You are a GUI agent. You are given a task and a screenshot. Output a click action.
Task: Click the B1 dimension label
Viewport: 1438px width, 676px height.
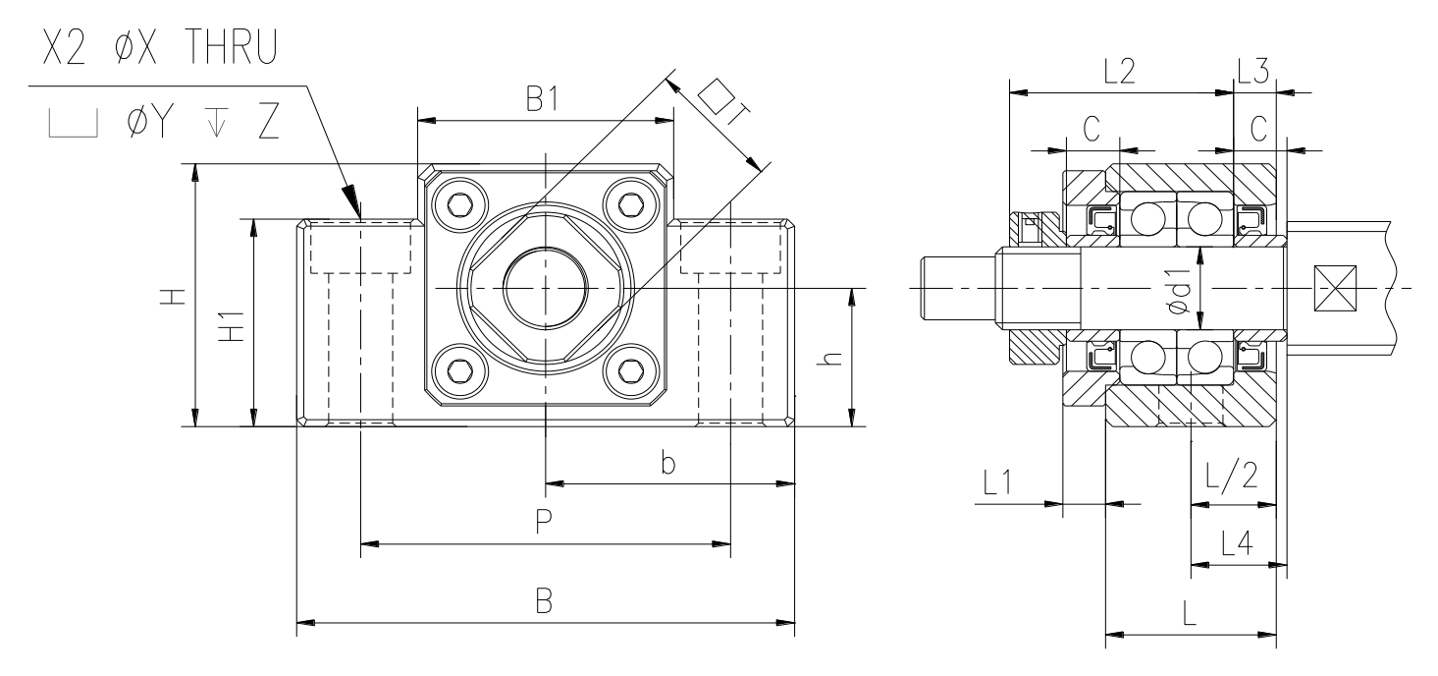(543, 99)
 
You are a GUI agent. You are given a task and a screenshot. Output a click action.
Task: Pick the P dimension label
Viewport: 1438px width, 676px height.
(544, 521)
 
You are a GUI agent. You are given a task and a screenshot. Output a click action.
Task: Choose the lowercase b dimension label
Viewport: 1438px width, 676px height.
(668, 462)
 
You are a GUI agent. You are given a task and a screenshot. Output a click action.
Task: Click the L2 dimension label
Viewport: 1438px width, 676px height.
(1120, 72)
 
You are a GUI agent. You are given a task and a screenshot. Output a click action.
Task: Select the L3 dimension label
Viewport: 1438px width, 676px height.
(1253, 72)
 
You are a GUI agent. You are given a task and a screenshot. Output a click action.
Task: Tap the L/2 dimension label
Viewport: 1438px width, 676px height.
(1231, 477)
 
